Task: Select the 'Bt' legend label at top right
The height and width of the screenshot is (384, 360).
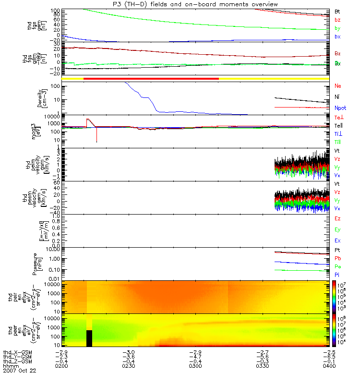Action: (337, 11)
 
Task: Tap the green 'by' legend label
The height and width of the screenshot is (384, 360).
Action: (337, 28)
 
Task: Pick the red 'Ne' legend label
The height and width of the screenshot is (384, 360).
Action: (338, 86)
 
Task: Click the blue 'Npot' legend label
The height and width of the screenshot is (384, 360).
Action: (340, 108)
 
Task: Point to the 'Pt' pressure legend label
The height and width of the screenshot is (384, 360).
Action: (337, 251)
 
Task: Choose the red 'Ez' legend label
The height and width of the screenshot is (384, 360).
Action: (338, 218)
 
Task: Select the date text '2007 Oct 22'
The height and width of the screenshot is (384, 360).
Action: (19, 371)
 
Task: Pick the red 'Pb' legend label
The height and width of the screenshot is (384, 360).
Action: (338, 259)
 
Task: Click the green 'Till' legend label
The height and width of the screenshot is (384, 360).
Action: (338, 143)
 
